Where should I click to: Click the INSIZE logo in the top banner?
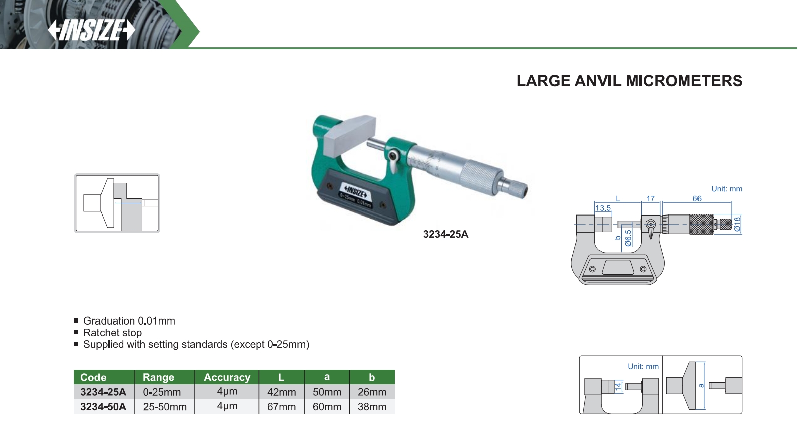coord(91,30)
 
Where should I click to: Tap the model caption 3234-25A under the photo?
coord(445,234)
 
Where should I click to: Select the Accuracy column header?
coord(227,377)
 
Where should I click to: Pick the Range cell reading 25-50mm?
coord(165,407)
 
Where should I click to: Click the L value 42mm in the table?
coord(281,392)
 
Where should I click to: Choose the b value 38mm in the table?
coord(372,407)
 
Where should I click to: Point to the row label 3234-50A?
coord(103,407)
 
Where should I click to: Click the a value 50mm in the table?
coord(327,392)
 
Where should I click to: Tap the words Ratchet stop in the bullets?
coord(113,333)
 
